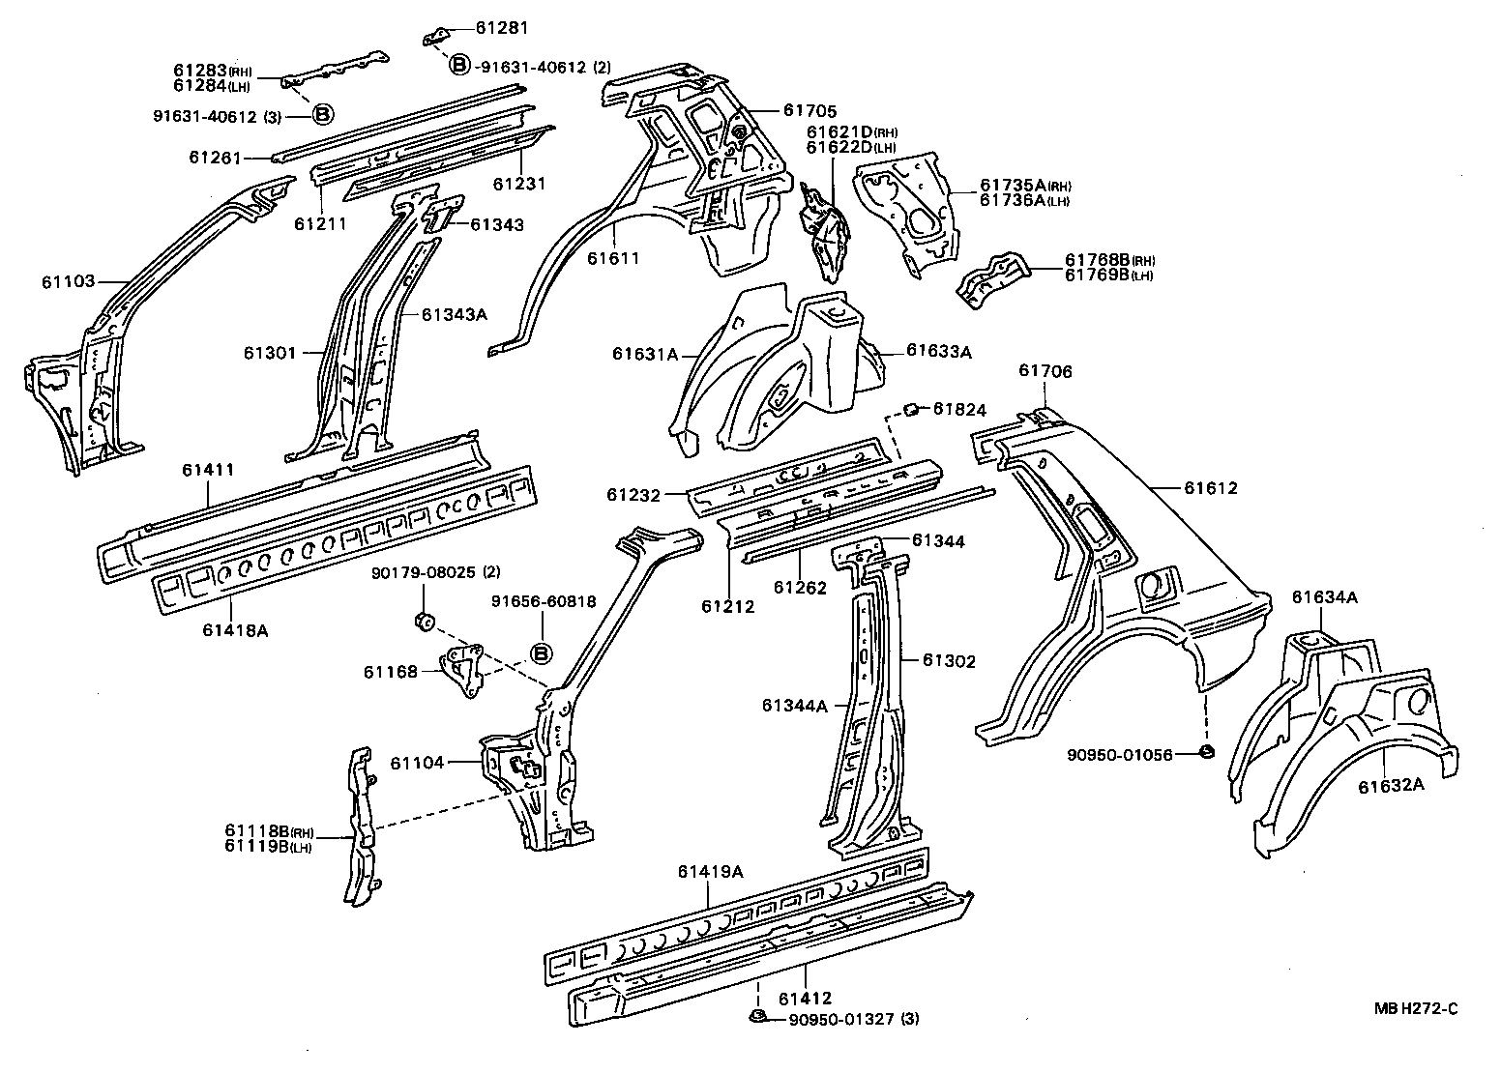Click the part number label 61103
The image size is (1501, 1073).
68,281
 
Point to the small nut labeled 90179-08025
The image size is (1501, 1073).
422,621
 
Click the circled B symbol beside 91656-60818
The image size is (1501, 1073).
541,654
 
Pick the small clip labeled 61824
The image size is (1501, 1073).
910,410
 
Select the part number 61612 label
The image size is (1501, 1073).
1211,489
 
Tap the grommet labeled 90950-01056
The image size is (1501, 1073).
1206,752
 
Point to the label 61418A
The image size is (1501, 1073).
235,630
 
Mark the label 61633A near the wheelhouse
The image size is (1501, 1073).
938,352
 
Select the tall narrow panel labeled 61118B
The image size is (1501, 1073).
360,826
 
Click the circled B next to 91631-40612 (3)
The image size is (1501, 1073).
322,115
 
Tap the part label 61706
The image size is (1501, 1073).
1045,371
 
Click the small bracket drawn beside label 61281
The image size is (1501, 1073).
435,37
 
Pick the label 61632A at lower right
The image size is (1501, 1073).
1391,785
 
